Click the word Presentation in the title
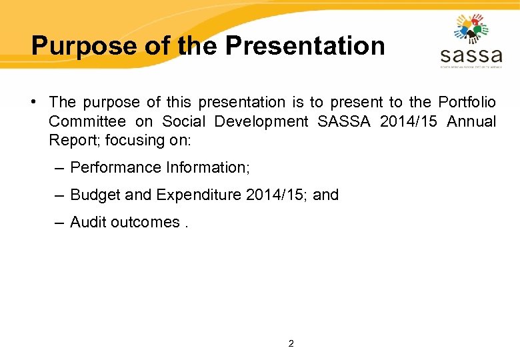click(x=305, y=46)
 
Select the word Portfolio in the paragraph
click(x=467, y=102)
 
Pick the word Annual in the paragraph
click(x=471, y=121)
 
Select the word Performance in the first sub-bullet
click(x=109, y=167)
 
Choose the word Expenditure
click(x=199, y=195)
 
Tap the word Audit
click(x=88, y=222)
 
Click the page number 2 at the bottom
click(x=291, y=344)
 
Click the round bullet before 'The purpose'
click(x=33, y=102)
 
